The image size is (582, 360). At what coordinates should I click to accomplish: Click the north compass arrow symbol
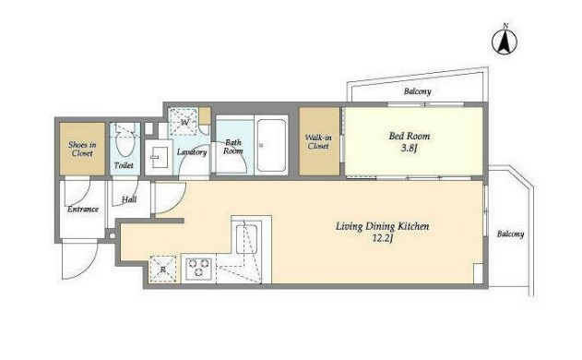click(x=505, y=41)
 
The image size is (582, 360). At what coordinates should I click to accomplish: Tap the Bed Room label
click(x=410, y=136)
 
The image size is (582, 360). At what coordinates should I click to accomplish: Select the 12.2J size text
click(x=382, y=238)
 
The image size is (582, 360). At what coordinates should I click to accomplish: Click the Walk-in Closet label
click(x=318, y=142)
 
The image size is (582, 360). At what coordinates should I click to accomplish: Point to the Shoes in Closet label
click(x=82, y=149)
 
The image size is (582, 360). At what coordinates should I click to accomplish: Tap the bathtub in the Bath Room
click(x=271, y=145)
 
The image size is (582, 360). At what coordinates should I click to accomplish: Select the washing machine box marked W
click(x=184, y=122)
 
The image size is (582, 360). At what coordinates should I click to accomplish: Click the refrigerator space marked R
click(x=163, y=269)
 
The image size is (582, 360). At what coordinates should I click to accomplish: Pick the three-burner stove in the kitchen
click(x=198, y=268)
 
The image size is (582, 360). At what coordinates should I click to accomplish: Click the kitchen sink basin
click(x=246, y=239)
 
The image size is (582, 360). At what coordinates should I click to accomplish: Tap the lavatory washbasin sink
click(x=158, y=157)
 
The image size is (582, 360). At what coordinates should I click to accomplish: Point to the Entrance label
click(x=83, y=210)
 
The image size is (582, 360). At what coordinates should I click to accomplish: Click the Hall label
click(x=129, y=199)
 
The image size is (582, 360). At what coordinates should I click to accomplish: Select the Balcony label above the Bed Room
click(x=418, y=91)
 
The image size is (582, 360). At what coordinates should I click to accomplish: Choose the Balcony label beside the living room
click(x=511, y=234)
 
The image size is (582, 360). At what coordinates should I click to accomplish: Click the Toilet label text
click(x=124, y=165)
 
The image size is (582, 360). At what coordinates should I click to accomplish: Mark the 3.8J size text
click(x=409, y=149)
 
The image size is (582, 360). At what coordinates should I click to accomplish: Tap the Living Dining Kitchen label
click(x=382, y=226)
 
